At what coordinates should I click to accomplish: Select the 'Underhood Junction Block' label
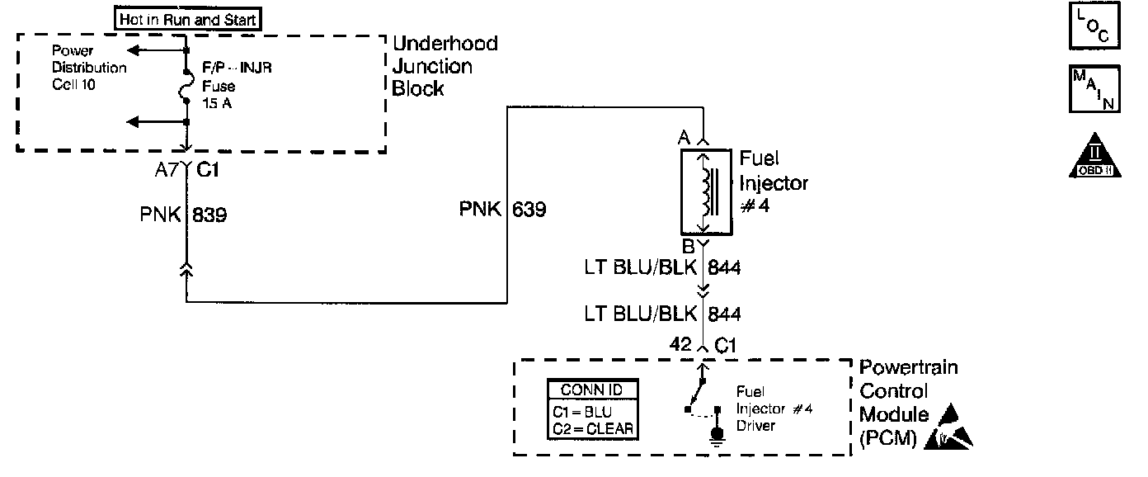coord(445,66)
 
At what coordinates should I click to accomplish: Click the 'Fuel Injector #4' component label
coord(773,182)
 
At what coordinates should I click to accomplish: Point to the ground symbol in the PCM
coord(717,436)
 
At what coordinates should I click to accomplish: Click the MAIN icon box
coord(1093,90)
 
